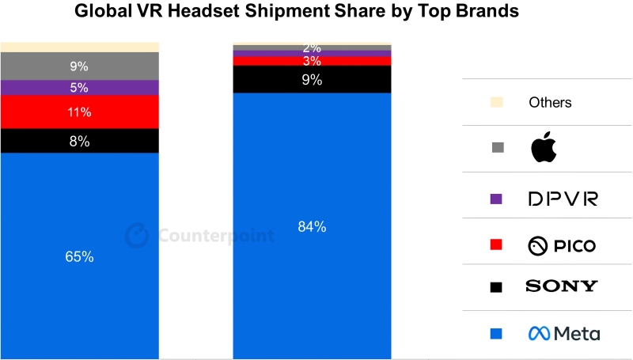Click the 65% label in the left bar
(79, 256)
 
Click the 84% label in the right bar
(312, 227)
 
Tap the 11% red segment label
(79, 112)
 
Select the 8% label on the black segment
(79, 142)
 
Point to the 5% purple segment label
(79, 88)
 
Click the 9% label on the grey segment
(79, 66)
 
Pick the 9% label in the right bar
(312, 79)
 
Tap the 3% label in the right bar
(312, 61)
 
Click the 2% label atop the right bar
(312, 48)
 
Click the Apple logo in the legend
(544, 147)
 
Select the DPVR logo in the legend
(562, 199)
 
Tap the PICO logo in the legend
(562, 246)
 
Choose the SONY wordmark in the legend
(562, 286)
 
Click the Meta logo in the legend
(564, 334)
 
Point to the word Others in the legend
(550, 102)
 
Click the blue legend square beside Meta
(497, 334)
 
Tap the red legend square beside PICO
(497, 246)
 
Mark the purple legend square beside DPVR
(497, 199)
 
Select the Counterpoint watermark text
(216, 236)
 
